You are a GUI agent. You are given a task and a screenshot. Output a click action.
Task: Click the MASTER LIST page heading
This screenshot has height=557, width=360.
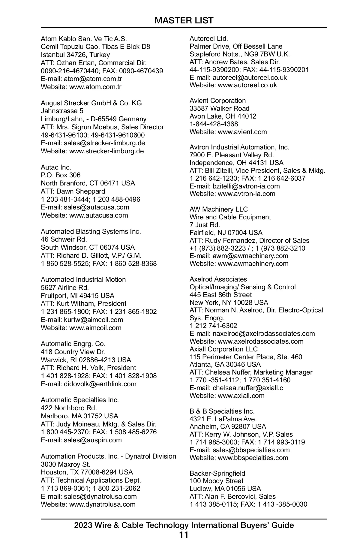click(184, 20)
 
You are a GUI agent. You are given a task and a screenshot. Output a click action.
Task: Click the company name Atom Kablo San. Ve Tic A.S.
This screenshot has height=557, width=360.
click(84, 39)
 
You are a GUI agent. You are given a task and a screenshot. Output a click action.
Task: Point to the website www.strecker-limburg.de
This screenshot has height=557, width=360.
click(106, 151)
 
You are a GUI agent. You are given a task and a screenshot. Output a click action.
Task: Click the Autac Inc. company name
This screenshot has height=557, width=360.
click(56, 167)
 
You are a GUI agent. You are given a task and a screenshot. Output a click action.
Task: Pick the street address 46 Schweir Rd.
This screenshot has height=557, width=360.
click(64, 239)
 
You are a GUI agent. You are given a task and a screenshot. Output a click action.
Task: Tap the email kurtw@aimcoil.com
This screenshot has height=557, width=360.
click(93, 320)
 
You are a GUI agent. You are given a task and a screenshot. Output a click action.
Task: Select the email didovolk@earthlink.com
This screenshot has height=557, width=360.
click(100, 384)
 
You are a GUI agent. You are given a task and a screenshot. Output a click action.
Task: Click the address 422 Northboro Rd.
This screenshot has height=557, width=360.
click(69, 408)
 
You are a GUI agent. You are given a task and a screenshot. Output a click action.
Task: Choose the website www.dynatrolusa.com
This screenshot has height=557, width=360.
click(102, 504)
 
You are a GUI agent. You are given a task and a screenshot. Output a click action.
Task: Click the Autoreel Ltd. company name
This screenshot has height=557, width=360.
click(208, 38)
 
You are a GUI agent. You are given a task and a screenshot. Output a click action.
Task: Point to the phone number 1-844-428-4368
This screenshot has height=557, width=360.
click(214, 124)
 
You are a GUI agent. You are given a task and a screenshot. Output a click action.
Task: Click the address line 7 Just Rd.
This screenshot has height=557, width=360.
click(205, 225)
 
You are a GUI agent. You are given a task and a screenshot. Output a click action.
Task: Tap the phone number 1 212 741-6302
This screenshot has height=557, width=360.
click(213, 326)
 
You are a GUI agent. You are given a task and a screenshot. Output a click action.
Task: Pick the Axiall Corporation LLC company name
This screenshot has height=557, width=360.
click(223, 349)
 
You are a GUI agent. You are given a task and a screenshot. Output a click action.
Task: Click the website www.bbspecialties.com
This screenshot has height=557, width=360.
click(253, 458)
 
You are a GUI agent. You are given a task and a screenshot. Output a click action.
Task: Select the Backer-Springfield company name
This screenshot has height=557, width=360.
click(217, 473)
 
